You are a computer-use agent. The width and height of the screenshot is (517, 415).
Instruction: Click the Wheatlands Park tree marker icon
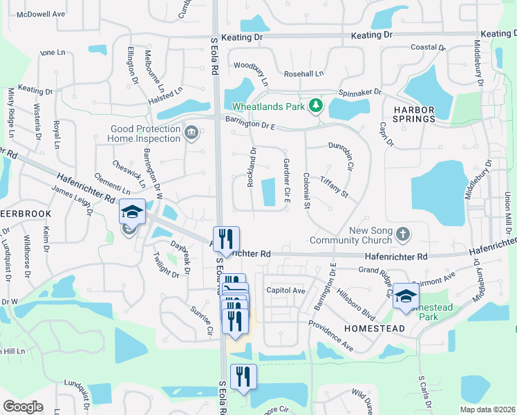317,105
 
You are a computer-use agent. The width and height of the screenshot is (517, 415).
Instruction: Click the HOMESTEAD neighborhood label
375,329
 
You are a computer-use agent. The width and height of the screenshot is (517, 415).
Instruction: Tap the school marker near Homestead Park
406,295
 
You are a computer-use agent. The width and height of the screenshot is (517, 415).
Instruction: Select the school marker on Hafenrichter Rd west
133,211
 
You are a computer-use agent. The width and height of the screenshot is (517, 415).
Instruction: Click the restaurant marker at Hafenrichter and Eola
227,239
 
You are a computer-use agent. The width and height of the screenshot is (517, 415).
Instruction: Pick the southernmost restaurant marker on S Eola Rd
243,377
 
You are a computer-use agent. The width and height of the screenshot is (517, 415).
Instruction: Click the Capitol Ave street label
285,291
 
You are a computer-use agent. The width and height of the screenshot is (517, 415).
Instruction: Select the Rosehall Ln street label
303,74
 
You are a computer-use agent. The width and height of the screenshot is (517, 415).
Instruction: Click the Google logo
23,407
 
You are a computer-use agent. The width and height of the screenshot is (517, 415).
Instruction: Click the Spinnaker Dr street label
359,92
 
